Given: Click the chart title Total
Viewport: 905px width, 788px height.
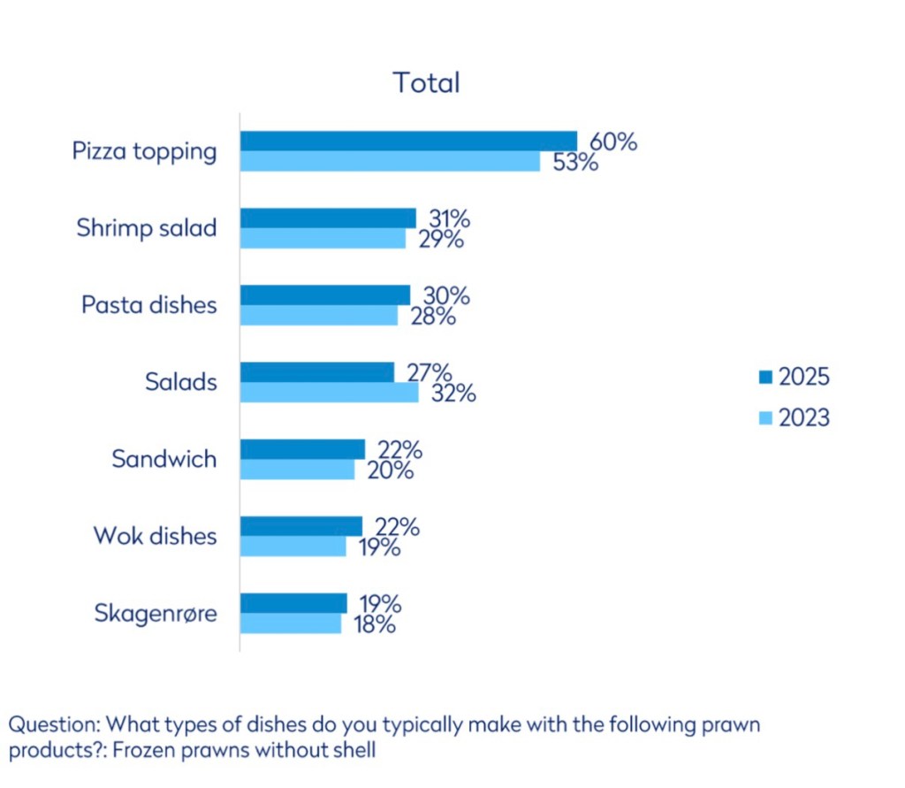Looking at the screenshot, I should point(426,83).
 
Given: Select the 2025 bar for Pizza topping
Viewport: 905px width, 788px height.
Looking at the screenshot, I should point(408,142).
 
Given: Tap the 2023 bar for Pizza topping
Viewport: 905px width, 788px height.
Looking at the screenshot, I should point(390,161).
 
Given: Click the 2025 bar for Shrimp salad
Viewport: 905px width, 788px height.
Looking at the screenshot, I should point(328,218).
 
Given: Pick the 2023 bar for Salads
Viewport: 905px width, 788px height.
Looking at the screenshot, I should point(329,392).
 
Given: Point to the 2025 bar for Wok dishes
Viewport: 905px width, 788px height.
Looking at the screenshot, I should point(301,526).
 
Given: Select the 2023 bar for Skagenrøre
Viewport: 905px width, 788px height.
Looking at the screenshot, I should point(291,624).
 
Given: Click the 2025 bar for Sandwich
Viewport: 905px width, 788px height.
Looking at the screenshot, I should point(302,449).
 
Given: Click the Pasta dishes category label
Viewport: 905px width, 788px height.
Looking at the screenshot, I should point(148,305).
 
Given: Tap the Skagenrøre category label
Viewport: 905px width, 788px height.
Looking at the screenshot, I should point(155,613).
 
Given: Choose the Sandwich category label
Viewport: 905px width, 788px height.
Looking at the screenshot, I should point(164,459).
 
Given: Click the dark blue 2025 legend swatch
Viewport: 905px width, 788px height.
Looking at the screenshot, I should point(765,378).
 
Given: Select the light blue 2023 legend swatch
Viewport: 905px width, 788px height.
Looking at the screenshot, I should point(765,417).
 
